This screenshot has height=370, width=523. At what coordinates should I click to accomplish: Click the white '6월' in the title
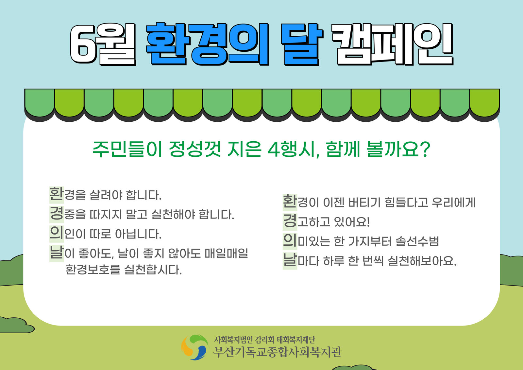(x=103, y=44)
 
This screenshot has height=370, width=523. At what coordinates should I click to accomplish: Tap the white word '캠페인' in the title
(x=393, y=44)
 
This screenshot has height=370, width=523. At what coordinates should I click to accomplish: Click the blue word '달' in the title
(x=302, y=44)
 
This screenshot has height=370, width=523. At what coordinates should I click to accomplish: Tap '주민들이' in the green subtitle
(x=127, y=149)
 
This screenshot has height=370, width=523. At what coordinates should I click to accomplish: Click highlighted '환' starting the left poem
(x=57, y=194)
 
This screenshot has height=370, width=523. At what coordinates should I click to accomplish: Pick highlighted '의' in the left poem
(x=57, y=233)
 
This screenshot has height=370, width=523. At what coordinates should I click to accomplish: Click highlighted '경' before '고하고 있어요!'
(x=290, y=221)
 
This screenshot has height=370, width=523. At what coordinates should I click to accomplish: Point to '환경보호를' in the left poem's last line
(x=93, y=270)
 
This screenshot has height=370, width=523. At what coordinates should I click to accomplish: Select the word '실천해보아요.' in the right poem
(x=422, y=261)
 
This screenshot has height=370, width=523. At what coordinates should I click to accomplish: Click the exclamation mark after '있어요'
(x=368, y=221)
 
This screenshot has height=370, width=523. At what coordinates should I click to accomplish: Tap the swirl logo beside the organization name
(x=195, y=347)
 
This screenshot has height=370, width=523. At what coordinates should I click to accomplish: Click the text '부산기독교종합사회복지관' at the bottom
(x=278, y=352)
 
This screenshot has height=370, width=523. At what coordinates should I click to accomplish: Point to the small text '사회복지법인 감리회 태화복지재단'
(x=265, y=340)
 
